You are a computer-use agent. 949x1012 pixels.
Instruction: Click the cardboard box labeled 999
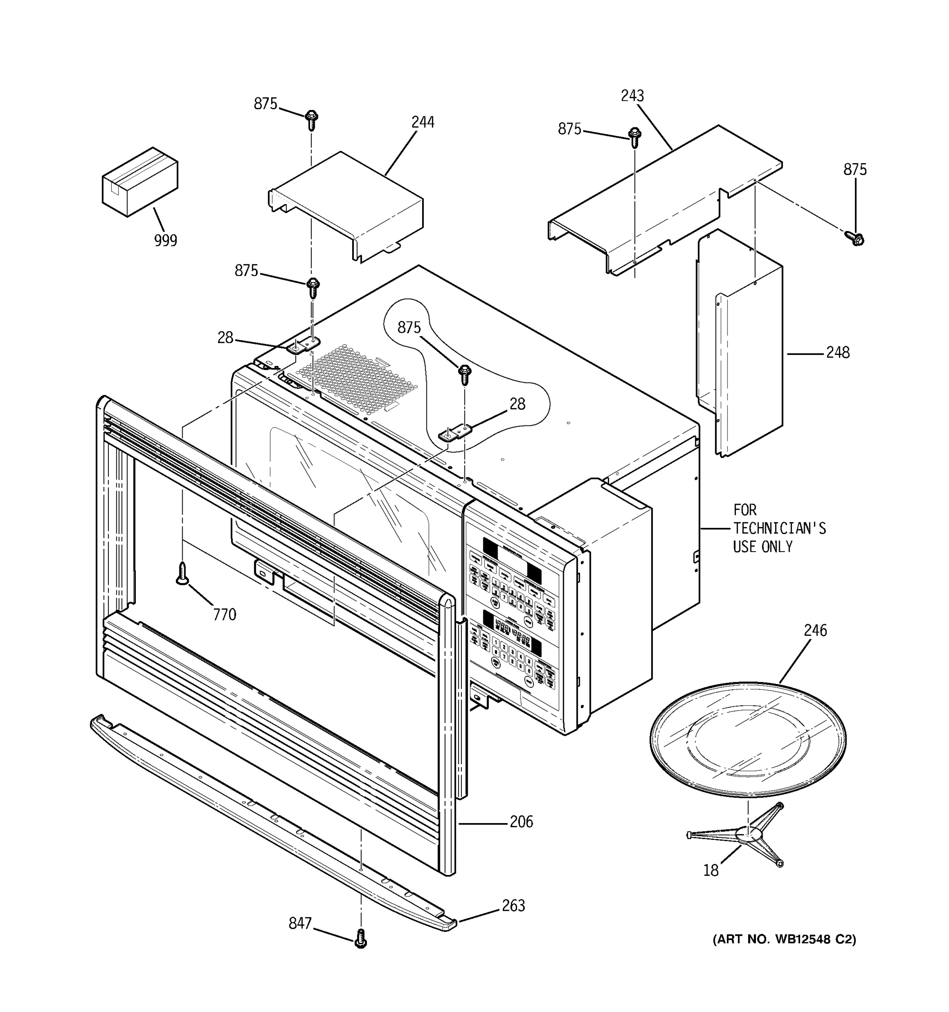tap(140, 182)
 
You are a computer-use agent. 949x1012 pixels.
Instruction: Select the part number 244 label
tap(423, 122)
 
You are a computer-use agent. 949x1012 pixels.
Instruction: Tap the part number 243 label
tap(632, 96)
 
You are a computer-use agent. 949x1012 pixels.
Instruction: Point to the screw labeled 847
tap(361, 938)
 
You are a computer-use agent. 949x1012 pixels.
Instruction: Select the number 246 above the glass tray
tap(815, 630)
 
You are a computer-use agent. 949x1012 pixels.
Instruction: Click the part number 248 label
tap(838, 352)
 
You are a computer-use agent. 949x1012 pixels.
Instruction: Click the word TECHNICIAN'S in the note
tap(779, 528)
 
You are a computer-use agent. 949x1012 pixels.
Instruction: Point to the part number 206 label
tap(521, 821)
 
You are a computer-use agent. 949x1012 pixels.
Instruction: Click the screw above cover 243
tap(634, 137)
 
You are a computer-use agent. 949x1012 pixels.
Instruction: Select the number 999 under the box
tap(165, 240)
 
